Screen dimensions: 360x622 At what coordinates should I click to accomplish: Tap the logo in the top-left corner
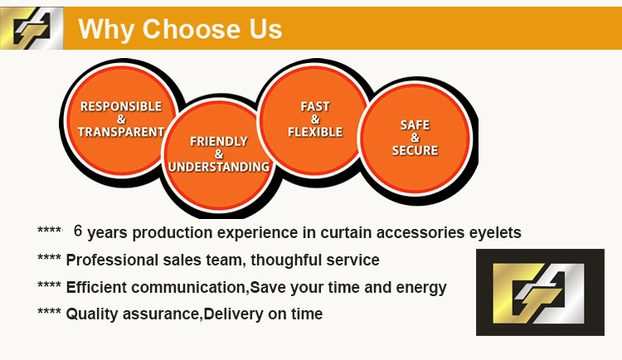coord(32,30)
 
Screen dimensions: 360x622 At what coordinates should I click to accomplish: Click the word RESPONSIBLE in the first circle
coord(121,106)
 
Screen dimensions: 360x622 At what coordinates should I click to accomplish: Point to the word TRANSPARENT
coord(121,131)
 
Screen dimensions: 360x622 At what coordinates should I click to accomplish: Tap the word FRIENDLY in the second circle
coord(219,141)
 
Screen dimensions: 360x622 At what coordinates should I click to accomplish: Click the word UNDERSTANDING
coord(219,166)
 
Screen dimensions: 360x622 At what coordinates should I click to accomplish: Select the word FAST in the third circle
coord(315,106)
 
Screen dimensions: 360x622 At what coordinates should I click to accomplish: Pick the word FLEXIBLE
coord(315,131)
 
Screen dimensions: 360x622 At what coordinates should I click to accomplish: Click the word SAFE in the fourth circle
coord(415,124)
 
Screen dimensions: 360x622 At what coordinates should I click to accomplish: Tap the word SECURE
coord(415,150)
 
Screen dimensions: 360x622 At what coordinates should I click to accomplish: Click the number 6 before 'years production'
coord(78,231)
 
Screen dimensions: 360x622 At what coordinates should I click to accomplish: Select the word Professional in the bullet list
coord(112,260)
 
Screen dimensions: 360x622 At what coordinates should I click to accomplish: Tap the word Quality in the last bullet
coord(92,314)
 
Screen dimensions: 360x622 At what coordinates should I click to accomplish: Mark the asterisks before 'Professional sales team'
coord(49,260)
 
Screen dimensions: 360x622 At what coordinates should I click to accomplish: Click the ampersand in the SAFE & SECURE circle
coord(415,138)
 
